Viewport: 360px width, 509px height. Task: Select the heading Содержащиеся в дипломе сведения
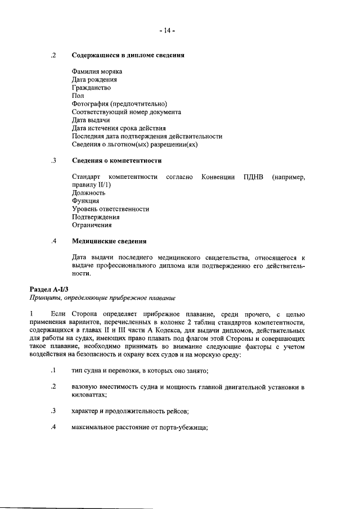tap(129, 56)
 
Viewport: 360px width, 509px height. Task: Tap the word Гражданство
tap(91, 88)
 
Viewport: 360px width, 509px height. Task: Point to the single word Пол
tap(78, 96)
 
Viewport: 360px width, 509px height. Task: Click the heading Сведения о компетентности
tap(116, 161)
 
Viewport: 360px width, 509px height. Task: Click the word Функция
tap(85, 201)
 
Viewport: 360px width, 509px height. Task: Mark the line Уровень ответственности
tap(110, 209)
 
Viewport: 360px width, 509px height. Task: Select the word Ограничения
tap(91, 226)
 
